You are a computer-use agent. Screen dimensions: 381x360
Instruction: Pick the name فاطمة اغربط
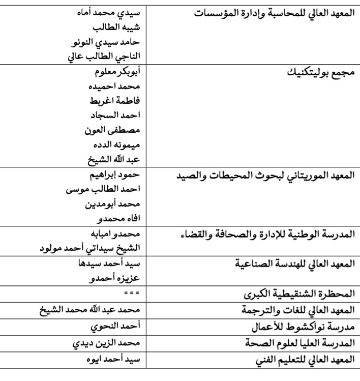click(x=117, y=100)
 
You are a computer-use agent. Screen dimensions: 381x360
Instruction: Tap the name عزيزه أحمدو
click(x=118, y=279)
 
